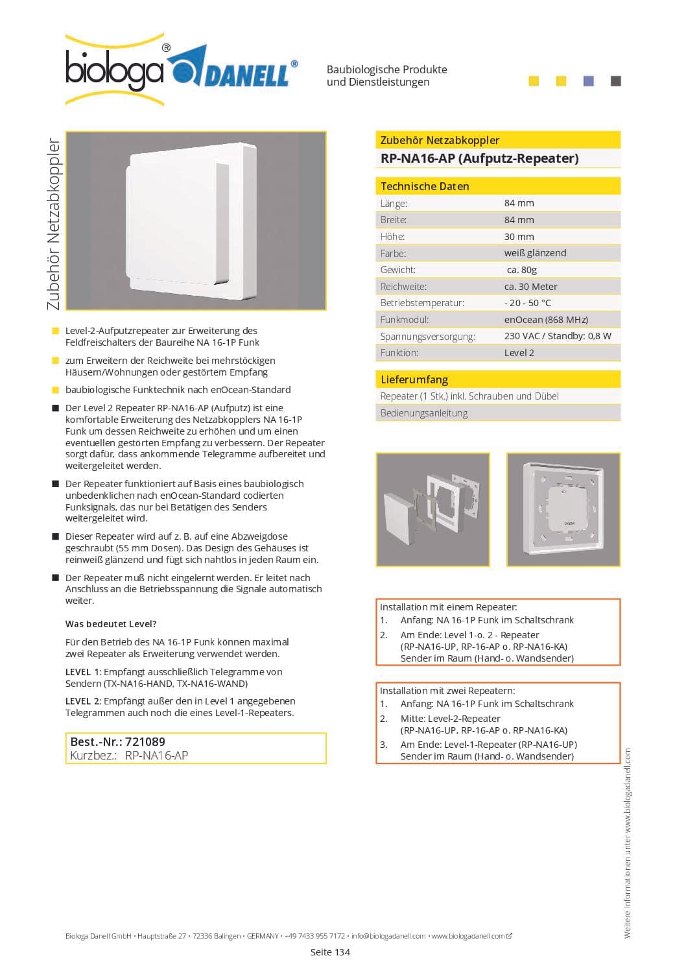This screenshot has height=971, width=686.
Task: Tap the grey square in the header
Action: tap(616, 81)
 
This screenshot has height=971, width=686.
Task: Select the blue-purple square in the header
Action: tap(589, 81)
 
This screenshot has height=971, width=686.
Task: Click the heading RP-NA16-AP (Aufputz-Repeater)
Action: tap(479, 158)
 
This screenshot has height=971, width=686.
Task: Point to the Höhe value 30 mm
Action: tap(519, 237)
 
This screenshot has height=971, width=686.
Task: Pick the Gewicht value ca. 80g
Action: tap(521, 270)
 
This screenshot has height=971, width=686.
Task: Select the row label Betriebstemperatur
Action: tap(422, 303)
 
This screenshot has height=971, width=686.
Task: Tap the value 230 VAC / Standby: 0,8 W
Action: tap(558, 336)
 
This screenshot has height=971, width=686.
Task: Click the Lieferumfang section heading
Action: tap(414, 379)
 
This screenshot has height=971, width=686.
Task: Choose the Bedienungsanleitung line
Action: tap(424, 413)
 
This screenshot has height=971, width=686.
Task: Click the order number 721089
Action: tap(145, 741)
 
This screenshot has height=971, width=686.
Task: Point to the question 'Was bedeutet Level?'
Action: tap(111, 624)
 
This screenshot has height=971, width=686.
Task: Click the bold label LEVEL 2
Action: tap(83, 701)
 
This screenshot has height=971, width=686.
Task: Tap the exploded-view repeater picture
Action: tap(432, 510)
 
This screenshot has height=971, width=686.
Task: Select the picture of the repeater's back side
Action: tap(563, 510)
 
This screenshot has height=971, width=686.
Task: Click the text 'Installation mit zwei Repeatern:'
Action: tap(447, 691)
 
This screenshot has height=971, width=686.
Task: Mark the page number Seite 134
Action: tap(330, 952)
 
